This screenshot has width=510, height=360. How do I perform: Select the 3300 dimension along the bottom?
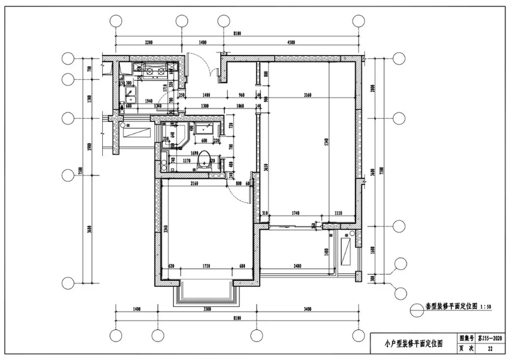coord(200,310)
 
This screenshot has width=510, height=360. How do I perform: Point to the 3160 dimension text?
coord(308,95)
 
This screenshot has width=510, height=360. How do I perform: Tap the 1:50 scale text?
coord(485,306)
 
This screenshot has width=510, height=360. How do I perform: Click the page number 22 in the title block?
coord(490,350)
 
